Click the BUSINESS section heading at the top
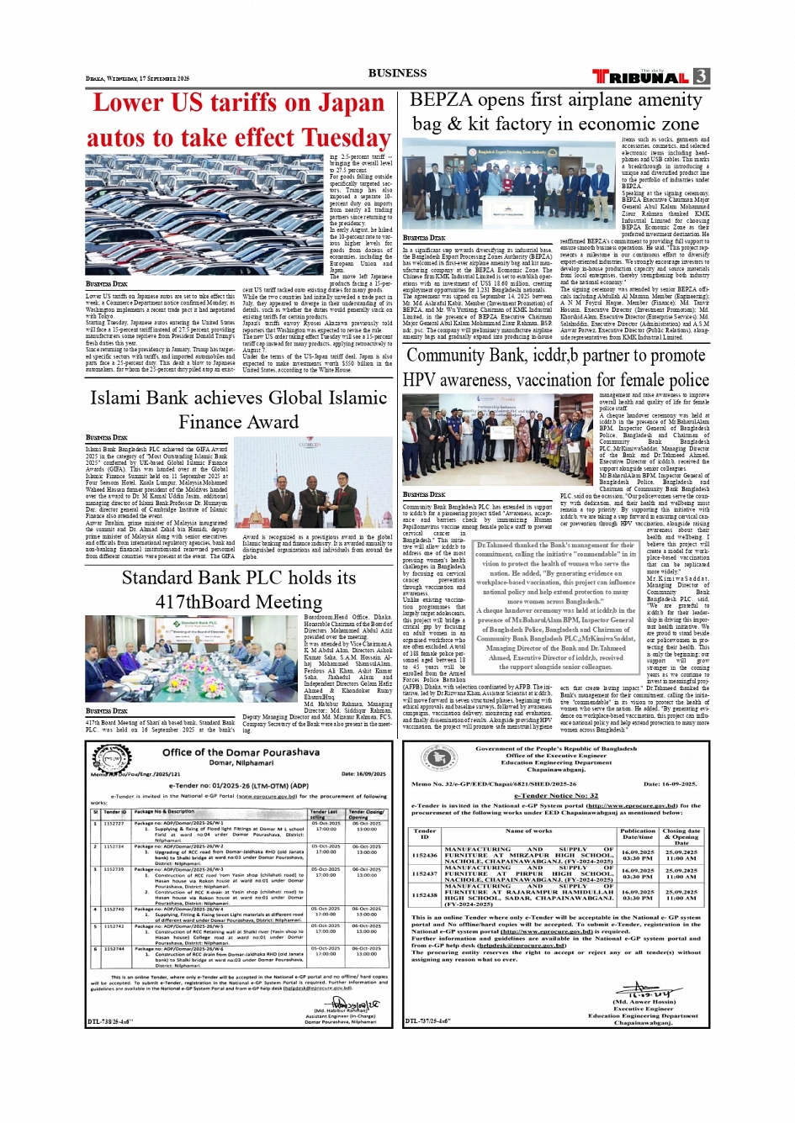pos(397,73)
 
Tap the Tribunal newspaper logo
pos(641,76)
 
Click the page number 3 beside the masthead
pos(701,76)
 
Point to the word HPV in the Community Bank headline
pos(419,380)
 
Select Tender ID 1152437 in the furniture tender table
pos(425,873)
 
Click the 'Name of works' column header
pos(529,830)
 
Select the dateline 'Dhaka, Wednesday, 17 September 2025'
pos(137,78)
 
